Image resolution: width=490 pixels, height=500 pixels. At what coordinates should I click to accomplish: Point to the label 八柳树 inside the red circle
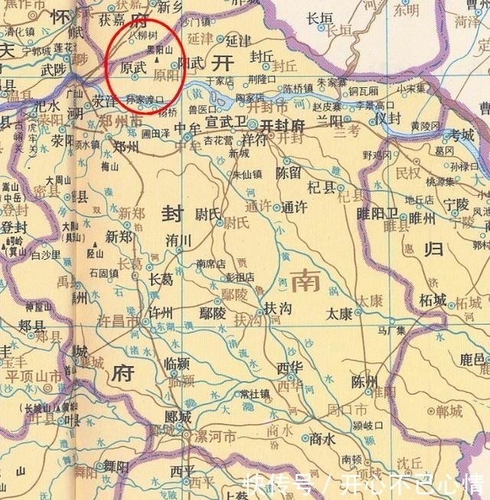(143, 34)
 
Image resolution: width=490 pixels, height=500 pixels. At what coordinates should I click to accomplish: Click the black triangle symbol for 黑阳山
(157, 57)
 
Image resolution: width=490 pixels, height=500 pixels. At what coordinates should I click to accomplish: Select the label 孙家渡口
(145, 99)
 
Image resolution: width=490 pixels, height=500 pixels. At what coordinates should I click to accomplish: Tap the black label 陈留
(289, 174)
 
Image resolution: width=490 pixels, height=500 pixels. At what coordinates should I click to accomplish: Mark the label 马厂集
(390, 330)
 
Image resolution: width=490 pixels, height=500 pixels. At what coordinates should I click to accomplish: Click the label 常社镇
(254, 394)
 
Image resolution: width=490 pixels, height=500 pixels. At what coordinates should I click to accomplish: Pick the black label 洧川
(178, 240)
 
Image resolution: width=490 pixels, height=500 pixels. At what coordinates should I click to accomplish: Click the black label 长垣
(320, 18)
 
